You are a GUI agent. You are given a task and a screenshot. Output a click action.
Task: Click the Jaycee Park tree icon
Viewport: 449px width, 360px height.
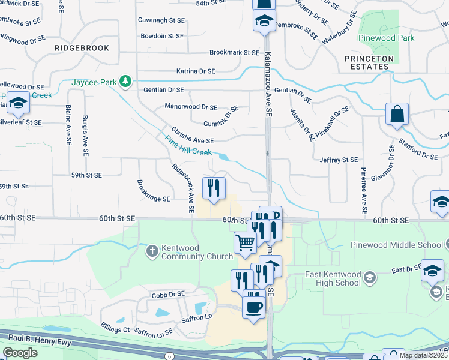pos(125,80)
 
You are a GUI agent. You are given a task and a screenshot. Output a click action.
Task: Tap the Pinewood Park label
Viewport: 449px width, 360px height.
pos(387,38)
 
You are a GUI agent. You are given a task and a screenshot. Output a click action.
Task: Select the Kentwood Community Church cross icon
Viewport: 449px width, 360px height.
pos(153,250)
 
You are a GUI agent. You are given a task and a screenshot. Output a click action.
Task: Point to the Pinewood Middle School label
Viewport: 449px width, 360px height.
pos(396,245)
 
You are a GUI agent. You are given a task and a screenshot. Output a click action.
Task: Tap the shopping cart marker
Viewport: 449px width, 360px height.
pos(245,242)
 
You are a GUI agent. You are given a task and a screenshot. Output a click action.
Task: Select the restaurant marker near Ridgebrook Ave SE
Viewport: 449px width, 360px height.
pos(214,188)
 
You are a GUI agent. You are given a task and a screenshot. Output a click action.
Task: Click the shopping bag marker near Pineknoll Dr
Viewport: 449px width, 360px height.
pos(397,115)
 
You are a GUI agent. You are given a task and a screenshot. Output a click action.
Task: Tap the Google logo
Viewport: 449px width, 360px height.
pos(20,353)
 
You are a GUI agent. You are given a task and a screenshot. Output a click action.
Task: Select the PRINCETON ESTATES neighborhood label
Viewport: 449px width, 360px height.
pos(369,62)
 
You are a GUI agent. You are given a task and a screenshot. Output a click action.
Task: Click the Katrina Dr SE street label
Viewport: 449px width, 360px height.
pos(196,71)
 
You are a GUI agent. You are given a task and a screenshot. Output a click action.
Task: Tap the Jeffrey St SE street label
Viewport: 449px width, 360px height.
pos(339,160)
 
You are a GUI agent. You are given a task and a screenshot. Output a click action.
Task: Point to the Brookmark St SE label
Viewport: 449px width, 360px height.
pos(234,53)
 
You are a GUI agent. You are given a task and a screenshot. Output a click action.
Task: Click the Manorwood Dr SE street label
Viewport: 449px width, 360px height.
pos(191,107)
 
